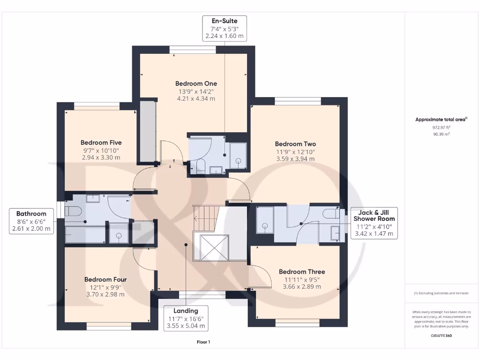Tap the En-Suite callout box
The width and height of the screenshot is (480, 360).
(x=224, y=29)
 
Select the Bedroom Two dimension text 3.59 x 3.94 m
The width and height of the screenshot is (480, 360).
(x=295, y=159)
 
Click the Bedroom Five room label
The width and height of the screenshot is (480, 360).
(x=101, y=142)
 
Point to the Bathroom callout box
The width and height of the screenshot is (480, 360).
(x=31, y=221)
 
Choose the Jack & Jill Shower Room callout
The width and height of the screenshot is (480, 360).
(x=374, y=223)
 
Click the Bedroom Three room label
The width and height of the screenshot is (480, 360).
(x=301, y=272)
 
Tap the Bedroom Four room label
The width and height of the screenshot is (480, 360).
(x=105, y=280)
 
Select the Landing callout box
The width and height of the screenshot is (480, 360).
(x=186, y=318)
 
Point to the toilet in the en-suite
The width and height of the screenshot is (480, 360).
(x=199, y=165)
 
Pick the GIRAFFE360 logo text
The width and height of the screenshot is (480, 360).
(x=441, y=336)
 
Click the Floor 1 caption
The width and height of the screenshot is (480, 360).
(x=203, y=342)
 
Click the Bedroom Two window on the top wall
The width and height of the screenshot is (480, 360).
(x=298, y=101)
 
